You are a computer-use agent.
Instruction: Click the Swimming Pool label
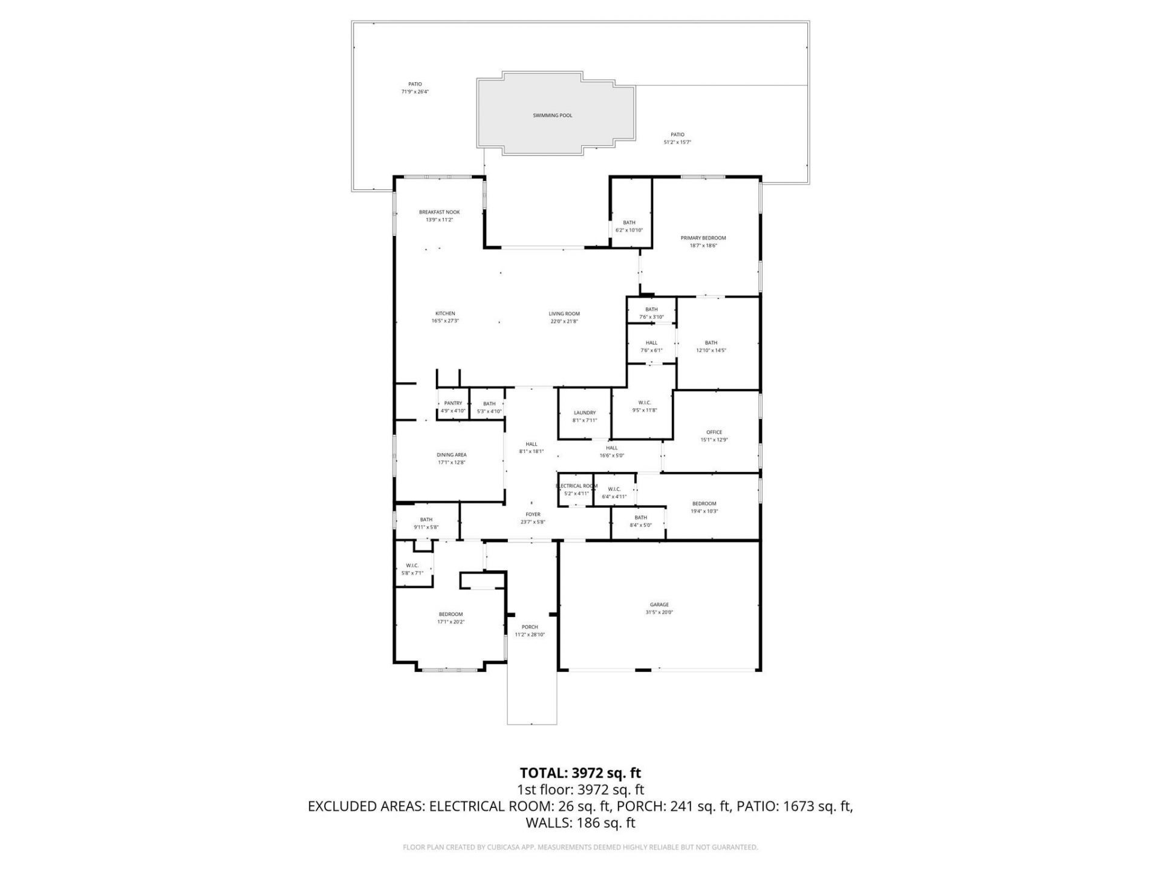pyautogui.click(x=552, y=116)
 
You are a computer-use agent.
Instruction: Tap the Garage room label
pyautogui.click(x=659, y=604)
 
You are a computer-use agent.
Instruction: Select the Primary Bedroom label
pyautogui.click(x=703, y=238)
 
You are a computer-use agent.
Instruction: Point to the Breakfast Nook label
pyautogui.click(x=439, y=212)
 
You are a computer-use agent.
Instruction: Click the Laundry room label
pyautogui.click(x=584, y=413)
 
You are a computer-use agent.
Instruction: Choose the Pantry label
pyautogui.click(x=453, y=403)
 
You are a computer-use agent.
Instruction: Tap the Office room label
pyautogui.click(x=714, y=432)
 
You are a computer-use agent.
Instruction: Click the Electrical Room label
pyautogui.click(x=576, y=486)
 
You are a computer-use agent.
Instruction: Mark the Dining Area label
pyautogui.click(x=451, y=455)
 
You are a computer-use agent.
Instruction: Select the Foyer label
pyautogui.click(x=532, y=514)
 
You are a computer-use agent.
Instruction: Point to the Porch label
pyautogui.click(x=529, y=627)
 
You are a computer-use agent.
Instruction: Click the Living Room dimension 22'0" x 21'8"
pyautogui.click(x=564, y=322)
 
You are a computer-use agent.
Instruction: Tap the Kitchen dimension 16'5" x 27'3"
pyautogui.click(x=445, y=321)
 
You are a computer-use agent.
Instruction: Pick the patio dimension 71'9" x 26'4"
pyautogui.click(x=415, y=92)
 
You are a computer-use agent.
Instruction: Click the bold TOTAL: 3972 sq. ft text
pyautogui.click(x=580, y=773)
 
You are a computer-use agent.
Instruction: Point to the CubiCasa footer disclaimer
pyautogui.click(x=580, y=847)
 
